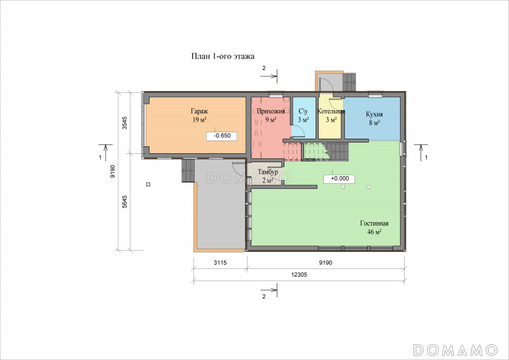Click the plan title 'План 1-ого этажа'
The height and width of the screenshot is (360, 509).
click(223, 57)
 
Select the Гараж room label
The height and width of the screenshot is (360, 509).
click(199, 111)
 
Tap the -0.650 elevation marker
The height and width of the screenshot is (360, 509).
click(222, 135)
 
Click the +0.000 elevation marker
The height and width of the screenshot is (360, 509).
click(340, 179)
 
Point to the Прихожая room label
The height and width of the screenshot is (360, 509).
click(271, 111)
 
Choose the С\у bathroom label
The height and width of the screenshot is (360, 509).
click(303, 111)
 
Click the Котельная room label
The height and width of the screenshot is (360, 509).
click(331, 111)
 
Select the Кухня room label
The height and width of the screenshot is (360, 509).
click(374, 114)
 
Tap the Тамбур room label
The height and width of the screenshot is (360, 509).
click(268, 172)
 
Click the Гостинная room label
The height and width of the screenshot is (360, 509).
click(374, 223)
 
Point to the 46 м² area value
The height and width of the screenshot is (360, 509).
click(374, 232)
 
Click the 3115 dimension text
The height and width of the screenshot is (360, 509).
click(220, 263)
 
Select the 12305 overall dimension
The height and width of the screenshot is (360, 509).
click(299, 275)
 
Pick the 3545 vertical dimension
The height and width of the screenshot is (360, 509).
click(125, 123)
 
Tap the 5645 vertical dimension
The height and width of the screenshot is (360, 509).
click(125, 202)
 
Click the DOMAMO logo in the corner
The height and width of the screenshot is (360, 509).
click(456, 350)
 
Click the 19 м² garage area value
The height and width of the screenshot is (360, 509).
click(199, 120)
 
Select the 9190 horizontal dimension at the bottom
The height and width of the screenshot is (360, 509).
click(325, 263)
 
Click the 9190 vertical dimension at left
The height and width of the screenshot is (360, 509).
click(113, 171)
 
